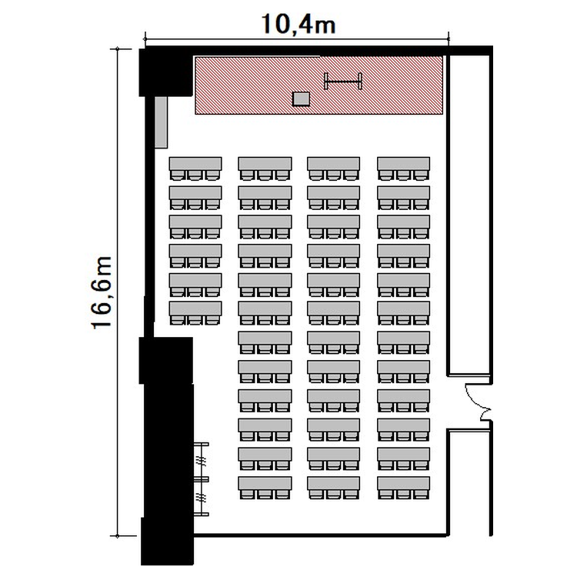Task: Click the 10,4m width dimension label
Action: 299,25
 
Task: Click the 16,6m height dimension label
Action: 102,292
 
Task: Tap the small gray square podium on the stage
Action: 301,99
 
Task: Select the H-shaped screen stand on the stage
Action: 343,82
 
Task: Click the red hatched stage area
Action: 319,85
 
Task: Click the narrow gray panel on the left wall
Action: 162,122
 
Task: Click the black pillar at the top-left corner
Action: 166,72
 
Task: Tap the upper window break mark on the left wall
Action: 201,460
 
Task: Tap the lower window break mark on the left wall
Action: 201,498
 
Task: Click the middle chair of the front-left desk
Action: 195,175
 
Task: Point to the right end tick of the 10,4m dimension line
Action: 449,38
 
